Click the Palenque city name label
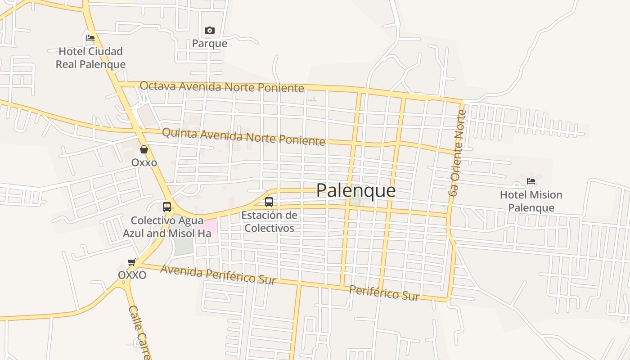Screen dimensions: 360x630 click(x=356, y=190)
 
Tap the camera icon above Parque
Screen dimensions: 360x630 click(x=210, y=31)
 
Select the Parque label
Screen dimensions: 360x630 click(x=210, y=44)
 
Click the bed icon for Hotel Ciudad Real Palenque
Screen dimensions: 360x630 click(x=90, y=38)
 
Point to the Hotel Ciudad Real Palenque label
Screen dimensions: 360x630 click(x=90, y=58)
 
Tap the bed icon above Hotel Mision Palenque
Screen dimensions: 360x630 click(x=531, y=182)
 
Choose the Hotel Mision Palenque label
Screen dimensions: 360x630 click(x=531, y=201)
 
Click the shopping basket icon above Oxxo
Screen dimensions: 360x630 click(x=144, y=149)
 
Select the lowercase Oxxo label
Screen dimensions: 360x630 click(x=144, y=162)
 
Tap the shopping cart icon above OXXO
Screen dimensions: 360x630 click(x=132, y=262)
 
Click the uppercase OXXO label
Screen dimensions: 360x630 click(x=132, y=275)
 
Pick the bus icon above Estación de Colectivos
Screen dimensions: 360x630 click(x=269, y=202)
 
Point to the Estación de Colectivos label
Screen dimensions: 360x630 click(x=269, y=221)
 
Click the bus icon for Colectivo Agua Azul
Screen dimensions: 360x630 click(x=167, y=207)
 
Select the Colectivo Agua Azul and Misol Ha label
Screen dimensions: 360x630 click(x=167, y=227)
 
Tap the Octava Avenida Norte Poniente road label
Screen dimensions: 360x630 click(x=222, y=86)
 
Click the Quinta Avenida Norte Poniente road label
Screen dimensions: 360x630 click(x=243, y=137)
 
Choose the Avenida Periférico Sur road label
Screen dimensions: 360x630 click(x=218, y=274)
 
